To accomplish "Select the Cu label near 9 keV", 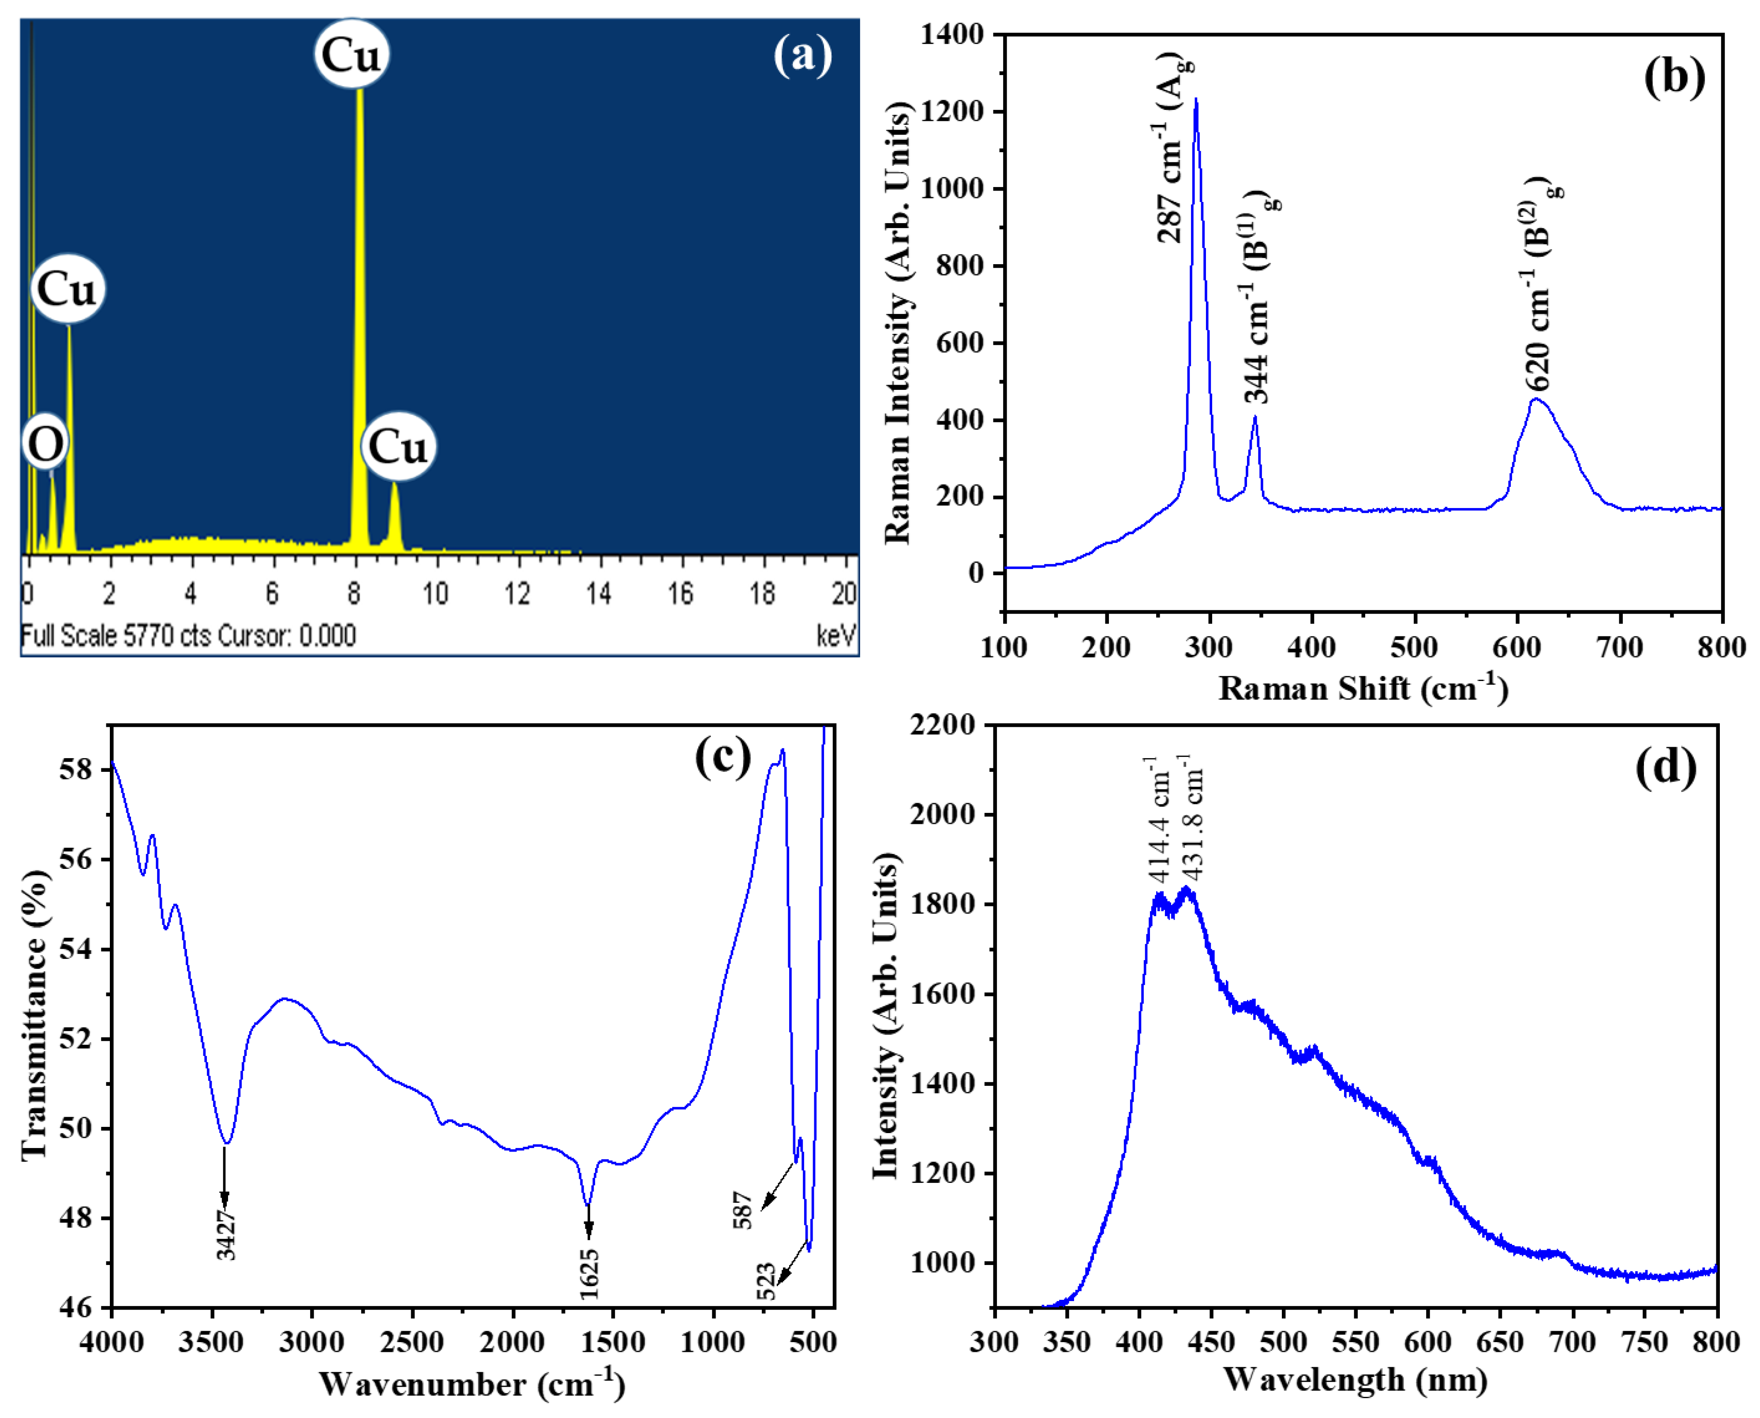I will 398,447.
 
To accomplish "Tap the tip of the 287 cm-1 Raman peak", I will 1196,100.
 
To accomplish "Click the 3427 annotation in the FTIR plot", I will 226,1235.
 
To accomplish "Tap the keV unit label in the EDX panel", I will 836,635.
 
